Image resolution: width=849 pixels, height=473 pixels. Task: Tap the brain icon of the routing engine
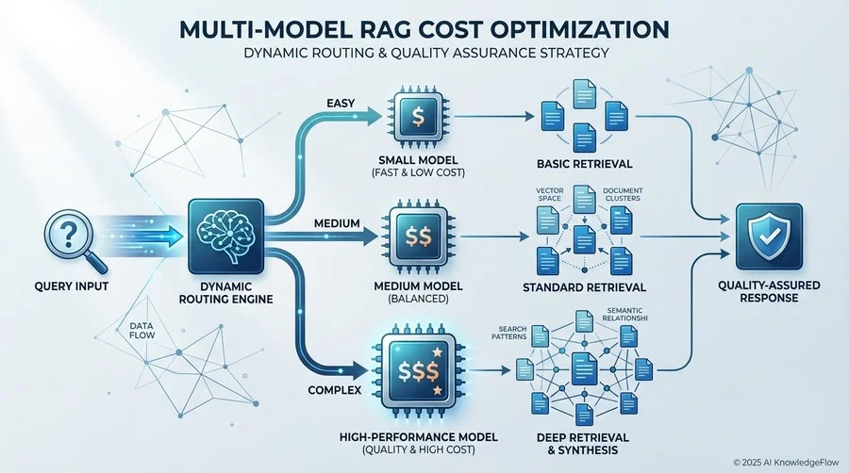pyautogui.click(x=225, y=236)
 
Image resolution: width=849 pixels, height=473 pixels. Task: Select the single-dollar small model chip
pyautogui.click(x=418, y=116)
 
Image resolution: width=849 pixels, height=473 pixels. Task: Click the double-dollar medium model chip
pyautogui.click(x=418, y=236)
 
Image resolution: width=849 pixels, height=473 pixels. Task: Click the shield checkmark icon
pyautogui.click(x=769, y=236)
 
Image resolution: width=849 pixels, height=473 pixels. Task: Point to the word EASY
pyautogui.click(x=341, y=103)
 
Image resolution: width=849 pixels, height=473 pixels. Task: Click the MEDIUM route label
pyautogui.click(x=337, y=222)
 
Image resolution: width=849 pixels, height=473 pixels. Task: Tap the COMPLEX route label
pyautogui.click(x=335, y=390)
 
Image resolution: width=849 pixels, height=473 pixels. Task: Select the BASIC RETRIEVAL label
pyautogui.click(x=584, y=164)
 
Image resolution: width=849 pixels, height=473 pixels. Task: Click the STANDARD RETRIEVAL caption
pyautogui.click(x=584, y=287)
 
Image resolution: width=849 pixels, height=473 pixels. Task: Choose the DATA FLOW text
pyautogui.click(x=141, y=331)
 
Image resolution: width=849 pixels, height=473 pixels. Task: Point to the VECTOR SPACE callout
pyautogui.click(x=550, y=194)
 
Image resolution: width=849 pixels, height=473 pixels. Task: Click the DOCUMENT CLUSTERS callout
pyautogui.click(x=623, y=194)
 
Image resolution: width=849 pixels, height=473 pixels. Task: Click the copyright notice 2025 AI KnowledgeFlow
pyautogui.click(x=786, y=463)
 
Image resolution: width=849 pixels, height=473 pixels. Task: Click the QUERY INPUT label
pyautogui.click(x=72, y=285)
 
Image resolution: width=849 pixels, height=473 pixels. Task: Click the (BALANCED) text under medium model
pyautogui.click(x=419, y=299)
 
